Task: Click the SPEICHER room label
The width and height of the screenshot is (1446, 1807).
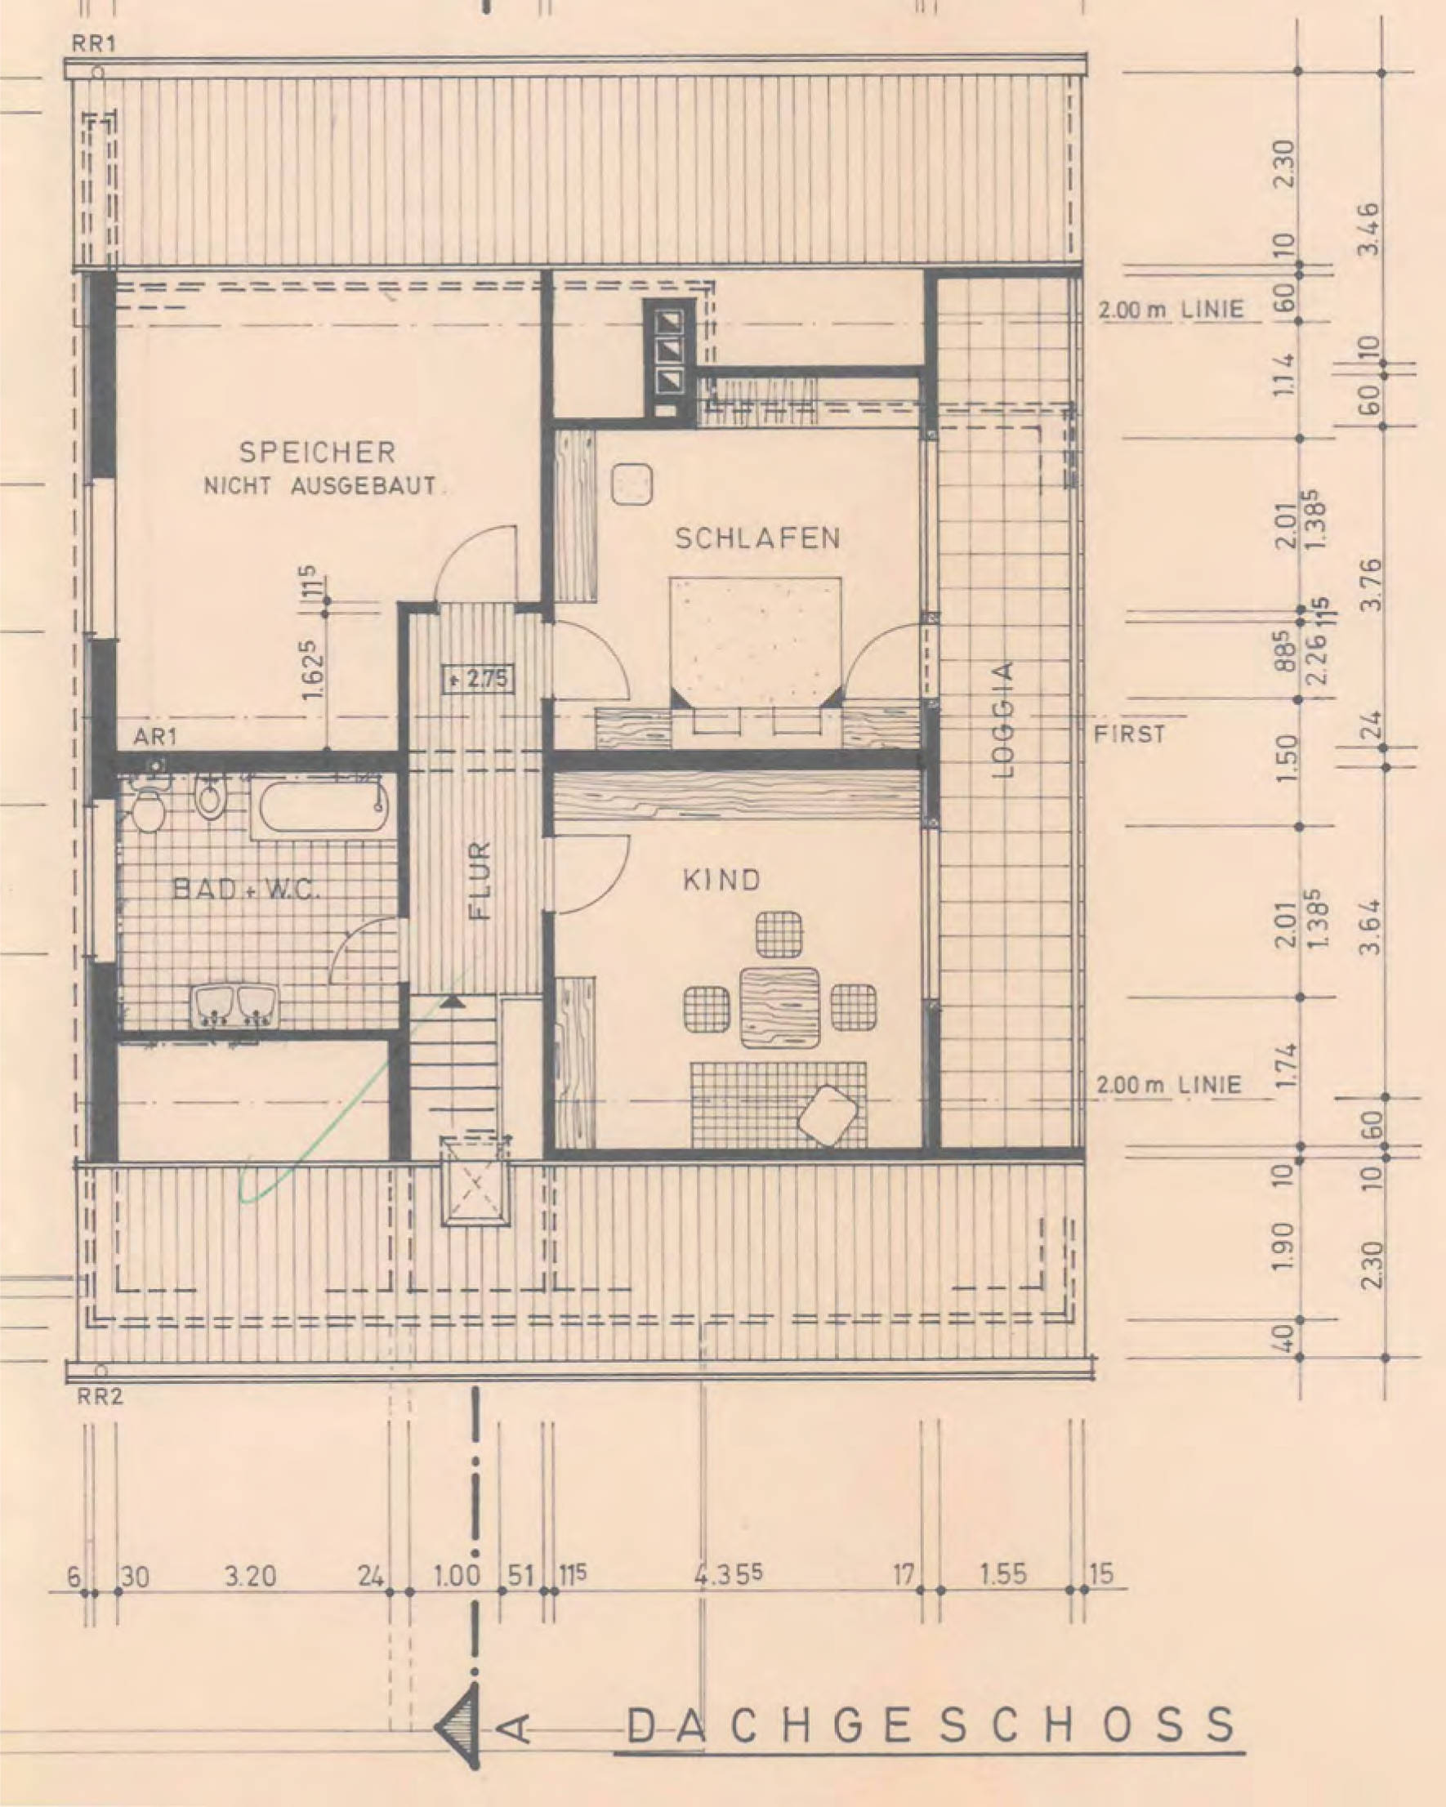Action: point(317,453)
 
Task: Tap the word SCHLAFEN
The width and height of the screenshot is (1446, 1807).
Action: point(757,538)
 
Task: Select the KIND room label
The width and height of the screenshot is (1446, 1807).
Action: point(721,880)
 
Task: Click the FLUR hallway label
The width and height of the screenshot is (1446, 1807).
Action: point(480,881)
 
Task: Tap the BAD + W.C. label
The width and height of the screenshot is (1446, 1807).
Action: point(247,890)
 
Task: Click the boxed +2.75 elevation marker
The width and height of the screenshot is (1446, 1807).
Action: point(477,678)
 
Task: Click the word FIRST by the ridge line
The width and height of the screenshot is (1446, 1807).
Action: point(1129,735)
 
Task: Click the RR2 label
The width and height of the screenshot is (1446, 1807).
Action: point(99,1396)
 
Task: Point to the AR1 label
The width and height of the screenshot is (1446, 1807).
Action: point(155,737)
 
